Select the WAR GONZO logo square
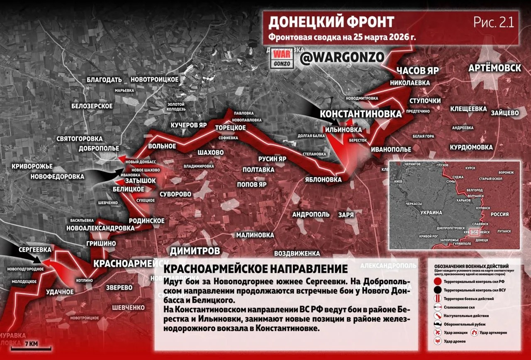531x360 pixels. pyautogui.click(x=282, y=59)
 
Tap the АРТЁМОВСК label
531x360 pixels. pyautogui.click(x=494, y=68)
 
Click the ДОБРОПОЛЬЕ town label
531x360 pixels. pyautogui.click(x=99, y=148)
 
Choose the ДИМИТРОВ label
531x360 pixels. pyautogui.click(x=195, y=251)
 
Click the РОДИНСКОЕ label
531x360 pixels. pyautogui.click(x=146, y=220)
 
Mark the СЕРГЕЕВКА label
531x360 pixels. pyautogui.click(x=35, y=250)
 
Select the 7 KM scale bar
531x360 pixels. pyautogui.click(x=31, y=345)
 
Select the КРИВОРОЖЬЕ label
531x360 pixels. pyautogui.click(x=32, y=166)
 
